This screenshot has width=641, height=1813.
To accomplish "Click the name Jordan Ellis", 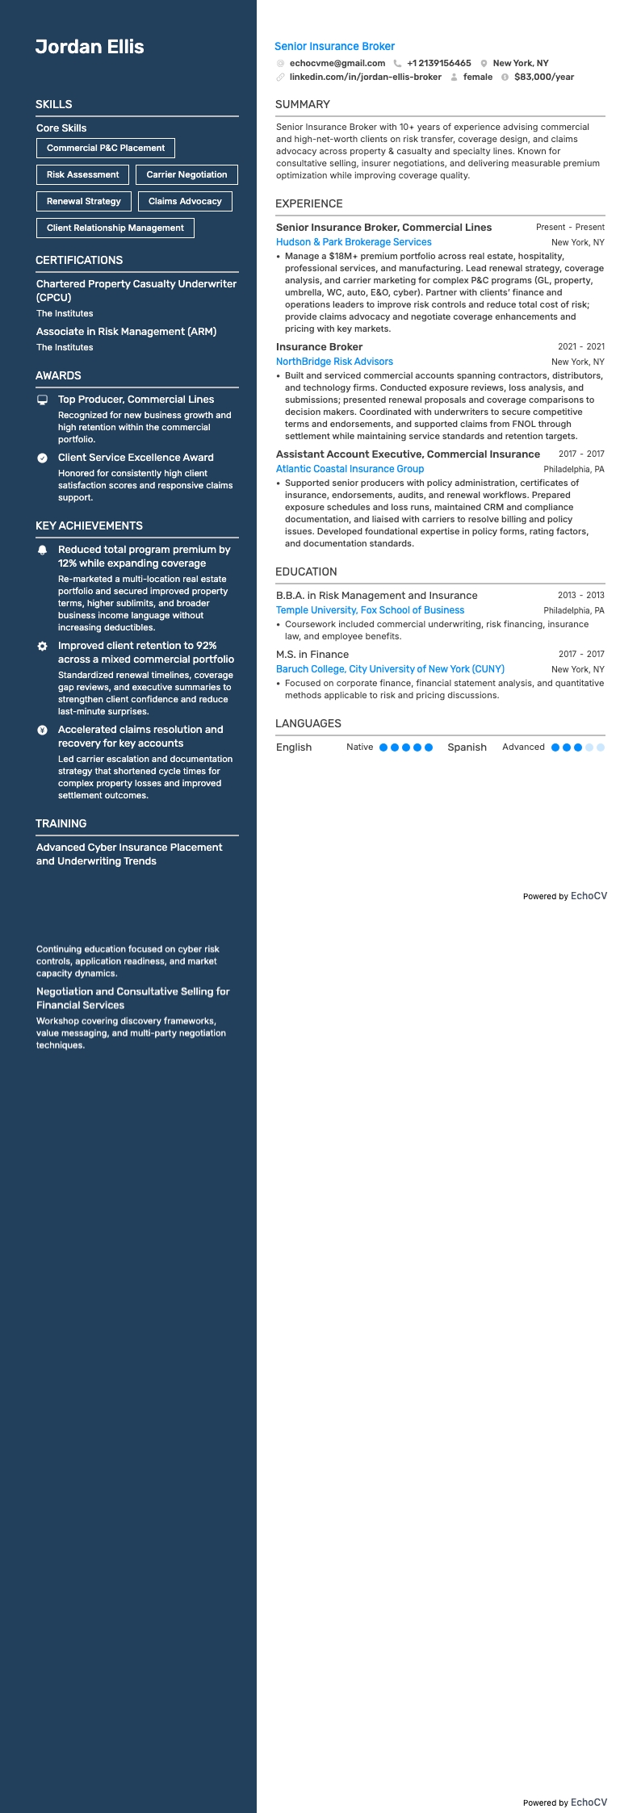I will tap(90, 47).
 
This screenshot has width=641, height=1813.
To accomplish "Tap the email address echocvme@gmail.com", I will tap(337, 63).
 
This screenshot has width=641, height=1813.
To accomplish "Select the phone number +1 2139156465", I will tap(438, 63).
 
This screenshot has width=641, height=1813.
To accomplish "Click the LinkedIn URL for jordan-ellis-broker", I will tap(365, 77).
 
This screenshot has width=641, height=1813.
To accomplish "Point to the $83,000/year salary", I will tap(543, 77).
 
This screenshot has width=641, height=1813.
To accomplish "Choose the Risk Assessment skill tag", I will tap(82, 174).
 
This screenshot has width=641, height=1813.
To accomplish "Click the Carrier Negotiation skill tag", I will tap(186, 174).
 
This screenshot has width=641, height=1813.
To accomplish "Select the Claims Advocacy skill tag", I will tap(185, 201).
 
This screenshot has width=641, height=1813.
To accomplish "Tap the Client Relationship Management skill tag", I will tap(115, 228).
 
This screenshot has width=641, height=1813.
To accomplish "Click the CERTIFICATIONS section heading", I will tap(79, 260).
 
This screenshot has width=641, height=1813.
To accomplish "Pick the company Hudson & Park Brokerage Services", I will tap(354, 242).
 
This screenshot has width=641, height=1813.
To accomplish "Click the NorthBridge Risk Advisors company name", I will tap(334, 362).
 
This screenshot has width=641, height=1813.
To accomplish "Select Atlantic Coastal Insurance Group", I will tap(350, 469).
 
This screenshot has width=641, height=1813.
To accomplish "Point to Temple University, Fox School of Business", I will tap(370, 610).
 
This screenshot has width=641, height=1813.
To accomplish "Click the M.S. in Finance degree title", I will tap(312, 655).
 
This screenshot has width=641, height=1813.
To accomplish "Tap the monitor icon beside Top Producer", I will tap(43, 400).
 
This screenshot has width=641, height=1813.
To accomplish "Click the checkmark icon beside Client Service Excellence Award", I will tap(43, 458).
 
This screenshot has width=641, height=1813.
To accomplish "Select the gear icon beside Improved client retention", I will tap(43, 647).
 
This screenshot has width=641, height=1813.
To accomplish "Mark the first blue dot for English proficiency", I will tap(383, 747).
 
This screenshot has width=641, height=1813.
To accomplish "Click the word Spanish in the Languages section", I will tap(467, 747).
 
